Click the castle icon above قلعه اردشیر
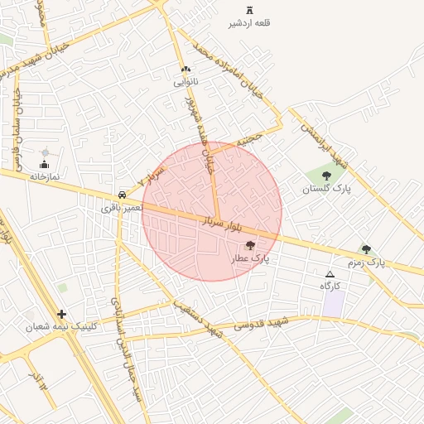(249, 10)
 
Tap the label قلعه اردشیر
(249, 23)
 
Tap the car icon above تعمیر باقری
(123, 195)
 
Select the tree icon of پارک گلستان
(326, 176)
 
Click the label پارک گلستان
(326, 189)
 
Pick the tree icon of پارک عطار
(251, 245)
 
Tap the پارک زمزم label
(365, 263)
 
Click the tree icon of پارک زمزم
(365, 249)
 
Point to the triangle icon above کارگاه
(330, 273)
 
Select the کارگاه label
(330, 286)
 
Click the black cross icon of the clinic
(62, 314)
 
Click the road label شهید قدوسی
(261, 325)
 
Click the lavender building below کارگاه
(334, 303)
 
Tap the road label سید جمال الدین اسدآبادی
(130, 364)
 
